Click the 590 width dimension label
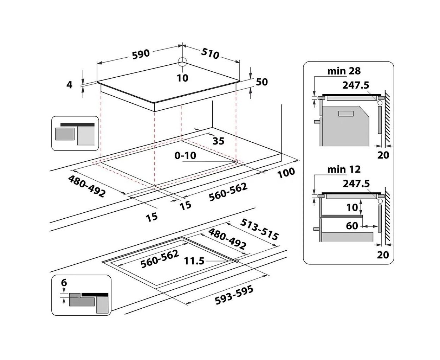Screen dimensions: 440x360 (x=141, y=54)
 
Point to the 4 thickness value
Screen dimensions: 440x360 (x=69, y=85)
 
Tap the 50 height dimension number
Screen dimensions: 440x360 (x=261, y=82)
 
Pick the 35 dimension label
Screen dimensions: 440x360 (x=219, y=141)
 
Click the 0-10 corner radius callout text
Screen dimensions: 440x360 (x=185, y=155)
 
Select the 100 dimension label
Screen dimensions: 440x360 (x=286, y=173)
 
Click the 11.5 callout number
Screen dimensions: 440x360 (x=194, y=261)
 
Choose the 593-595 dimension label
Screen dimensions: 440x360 (x=234, y=295)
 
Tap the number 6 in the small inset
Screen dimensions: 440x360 (x=64, y=283)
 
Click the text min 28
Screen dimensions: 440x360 (x=344, y=71)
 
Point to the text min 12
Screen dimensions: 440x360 (x=344, y=169)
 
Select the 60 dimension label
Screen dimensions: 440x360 (x=352, y=226)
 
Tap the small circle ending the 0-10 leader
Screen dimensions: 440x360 (x=236, y=161)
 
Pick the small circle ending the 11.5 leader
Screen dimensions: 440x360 (x=237, y=261)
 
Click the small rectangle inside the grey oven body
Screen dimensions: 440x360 (x=346, y=114)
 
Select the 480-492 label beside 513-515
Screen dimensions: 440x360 (x=227, y=239)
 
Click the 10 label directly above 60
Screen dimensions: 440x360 (x=352, y=207)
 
